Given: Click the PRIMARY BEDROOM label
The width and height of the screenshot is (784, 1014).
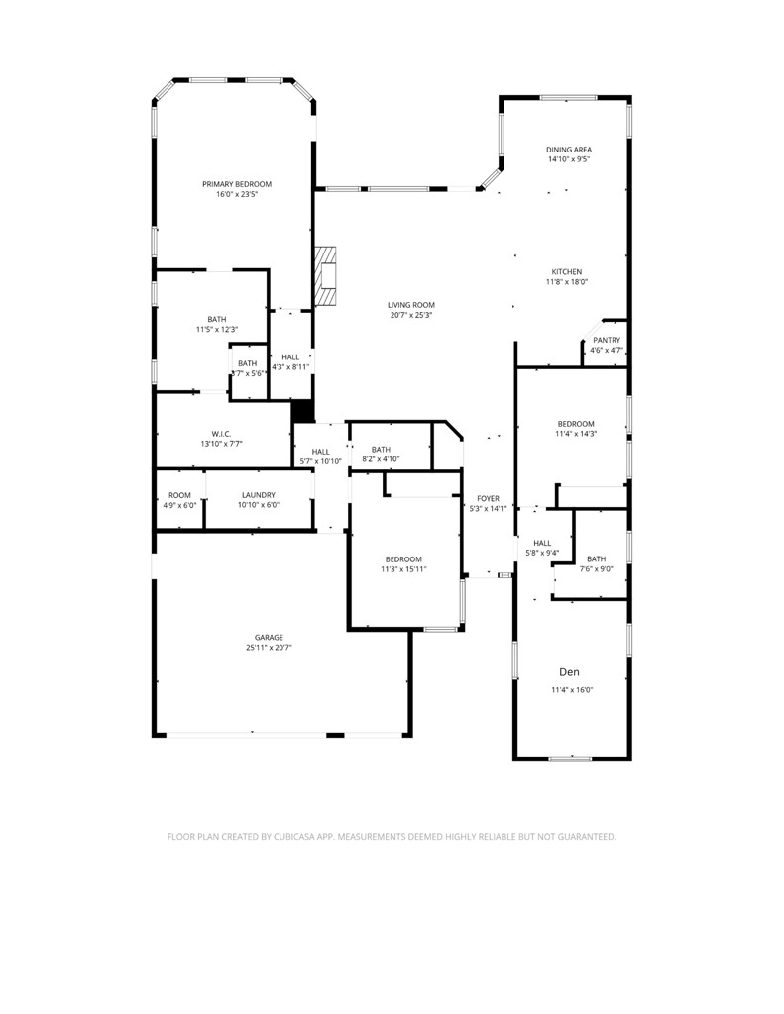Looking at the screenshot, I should pos(237,184).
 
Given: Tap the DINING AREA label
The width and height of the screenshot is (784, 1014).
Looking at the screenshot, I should pos(569,150).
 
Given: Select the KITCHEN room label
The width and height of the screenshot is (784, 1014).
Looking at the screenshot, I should pos(567,272).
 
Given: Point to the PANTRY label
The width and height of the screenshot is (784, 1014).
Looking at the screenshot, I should pos(607,340).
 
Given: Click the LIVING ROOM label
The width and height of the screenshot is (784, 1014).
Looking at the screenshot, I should pos(411,305).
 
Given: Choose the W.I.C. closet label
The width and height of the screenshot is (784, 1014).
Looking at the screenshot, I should pos(221,433).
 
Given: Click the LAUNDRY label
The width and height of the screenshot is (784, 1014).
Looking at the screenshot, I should pos(259,495).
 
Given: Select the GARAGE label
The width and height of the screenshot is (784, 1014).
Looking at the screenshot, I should pos(269,637).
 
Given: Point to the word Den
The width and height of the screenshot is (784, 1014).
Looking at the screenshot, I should pos(568,671).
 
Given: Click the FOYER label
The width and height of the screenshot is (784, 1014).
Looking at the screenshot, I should pos(488,498).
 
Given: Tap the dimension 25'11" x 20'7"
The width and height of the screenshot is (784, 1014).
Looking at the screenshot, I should pos(269,648).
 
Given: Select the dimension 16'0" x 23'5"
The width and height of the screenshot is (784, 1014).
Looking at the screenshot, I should pos(237,194).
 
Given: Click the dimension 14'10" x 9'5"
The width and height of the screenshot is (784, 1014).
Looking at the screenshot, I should pos(569,159).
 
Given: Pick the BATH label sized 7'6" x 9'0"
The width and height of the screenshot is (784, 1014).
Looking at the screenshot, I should pos(596,558).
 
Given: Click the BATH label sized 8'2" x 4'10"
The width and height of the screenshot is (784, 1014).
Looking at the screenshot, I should pos(381,450).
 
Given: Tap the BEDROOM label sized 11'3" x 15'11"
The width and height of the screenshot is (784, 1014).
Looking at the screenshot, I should pos(403,559).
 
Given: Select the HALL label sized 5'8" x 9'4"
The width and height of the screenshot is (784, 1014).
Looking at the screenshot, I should pos(542,543).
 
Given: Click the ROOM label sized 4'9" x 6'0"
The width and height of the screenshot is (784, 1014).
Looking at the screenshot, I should pos(179,495).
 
